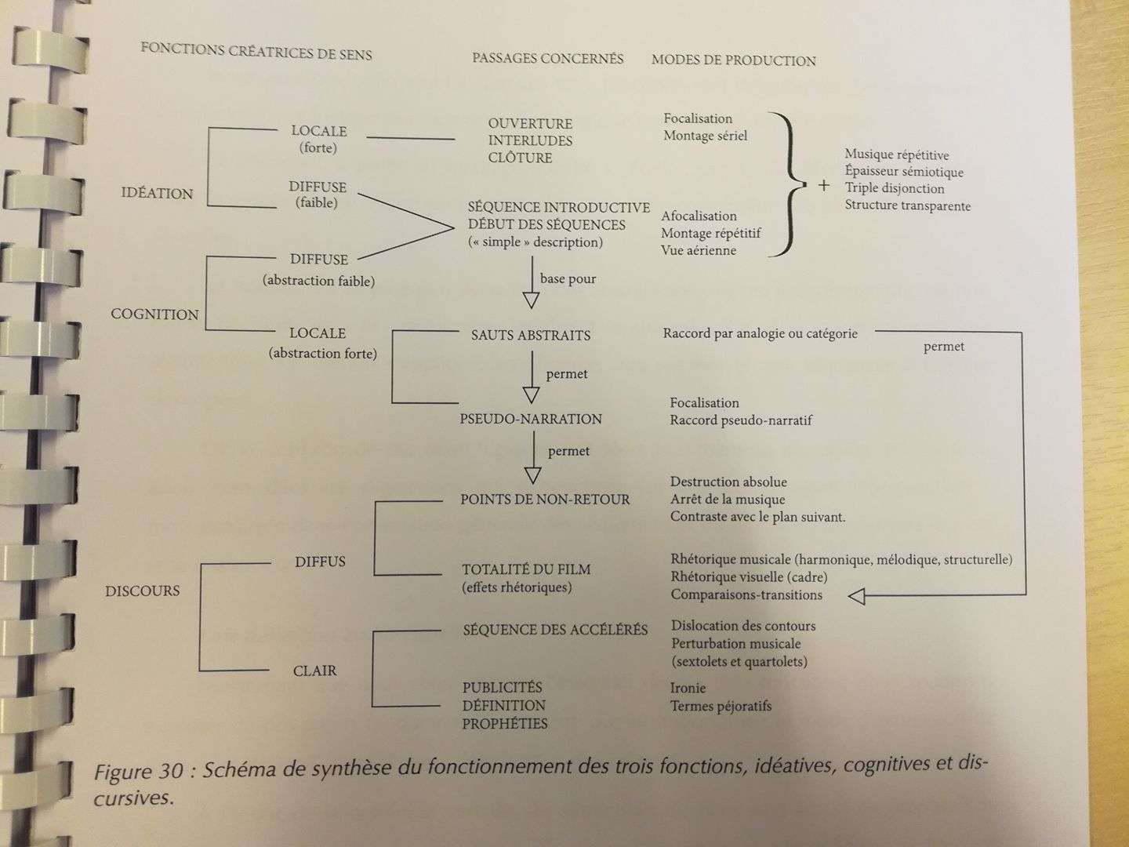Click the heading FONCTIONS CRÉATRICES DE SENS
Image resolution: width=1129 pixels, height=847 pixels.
click(x=256, y=51)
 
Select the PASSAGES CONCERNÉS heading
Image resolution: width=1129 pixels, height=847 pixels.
click(x=547, y=58)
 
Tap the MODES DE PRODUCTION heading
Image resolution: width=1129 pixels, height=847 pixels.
click(x=733, y=60)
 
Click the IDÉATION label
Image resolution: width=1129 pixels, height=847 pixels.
click(x=157, y=193)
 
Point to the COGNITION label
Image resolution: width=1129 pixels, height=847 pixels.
click(x=154, y=314)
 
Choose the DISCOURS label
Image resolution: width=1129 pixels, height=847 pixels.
click(x=142, y=591)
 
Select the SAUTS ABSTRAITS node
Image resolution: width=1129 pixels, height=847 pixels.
click(x=530, y=335)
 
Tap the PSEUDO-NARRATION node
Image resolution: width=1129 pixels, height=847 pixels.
click(x=531, y=419)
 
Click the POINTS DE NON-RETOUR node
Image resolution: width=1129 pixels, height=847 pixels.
click(x=545, y=499)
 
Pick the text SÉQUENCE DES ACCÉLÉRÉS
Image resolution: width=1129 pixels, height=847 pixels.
click(x=555, y=630)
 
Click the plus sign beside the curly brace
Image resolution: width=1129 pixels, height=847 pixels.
click(x=823, y=186)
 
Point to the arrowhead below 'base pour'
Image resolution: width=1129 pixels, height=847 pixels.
click(x=532, y=300)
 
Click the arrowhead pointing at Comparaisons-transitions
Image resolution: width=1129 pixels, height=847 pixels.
click(x=857, y=597)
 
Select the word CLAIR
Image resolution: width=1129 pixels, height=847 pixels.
click(x=314, y=671)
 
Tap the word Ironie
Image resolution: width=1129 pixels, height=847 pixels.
click(x=688, y=688)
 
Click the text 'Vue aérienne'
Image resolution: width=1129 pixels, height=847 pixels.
click(x=699, y=250)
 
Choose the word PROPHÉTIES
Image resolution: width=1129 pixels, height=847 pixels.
click(x=505, y=723)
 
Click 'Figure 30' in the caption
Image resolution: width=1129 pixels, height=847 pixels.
click(x=138, y=772)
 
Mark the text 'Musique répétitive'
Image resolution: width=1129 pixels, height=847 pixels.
click(x=896, y=154)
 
